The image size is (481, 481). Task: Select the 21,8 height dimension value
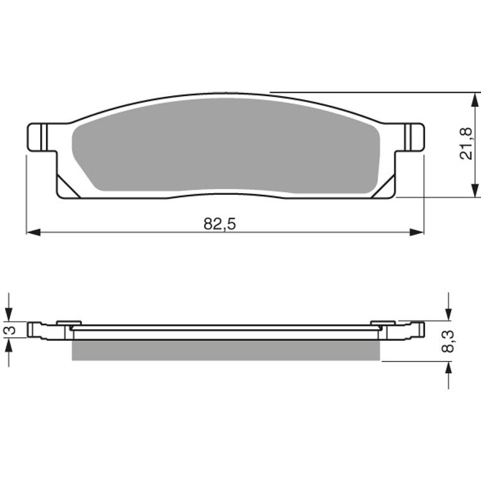(466, 143)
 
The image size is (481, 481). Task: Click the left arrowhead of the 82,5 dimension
(32, 232)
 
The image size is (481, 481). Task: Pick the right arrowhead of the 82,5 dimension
(417, 232)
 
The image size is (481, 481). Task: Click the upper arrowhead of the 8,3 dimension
(449, 315)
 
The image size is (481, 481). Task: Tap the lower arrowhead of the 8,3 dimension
(449, 368)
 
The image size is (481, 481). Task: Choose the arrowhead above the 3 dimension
(8, 315)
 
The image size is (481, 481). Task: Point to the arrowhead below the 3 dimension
(8, 343)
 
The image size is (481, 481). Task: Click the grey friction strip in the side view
(226, 350)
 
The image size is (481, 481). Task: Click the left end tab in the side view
(38, 330)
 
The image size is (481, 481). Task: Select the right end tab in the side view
(414, 330)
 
